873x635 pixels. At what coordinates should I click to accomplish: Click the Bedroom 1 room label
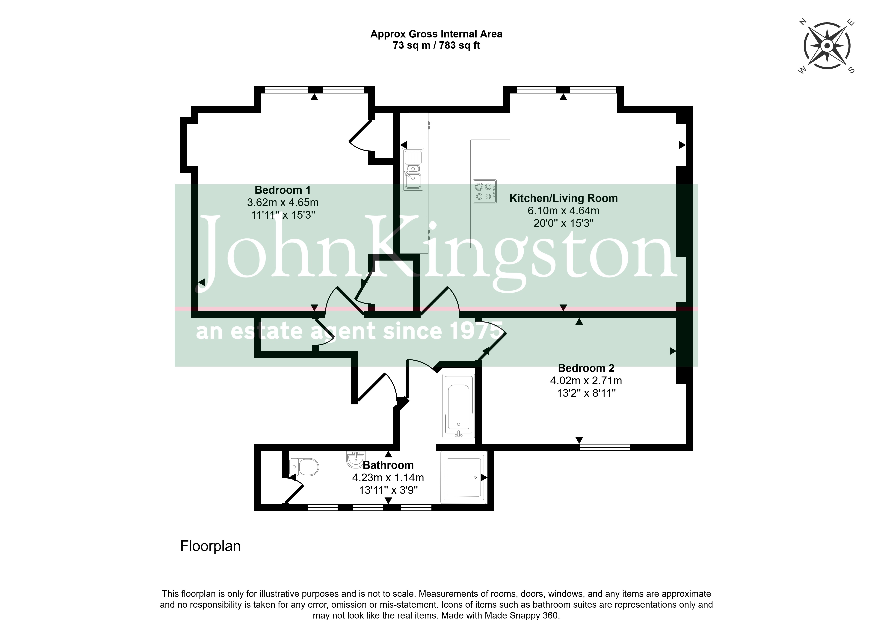(x=283, y=190)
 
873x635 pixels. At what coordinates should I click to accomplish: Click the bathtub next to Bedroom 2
(x=458, y=406)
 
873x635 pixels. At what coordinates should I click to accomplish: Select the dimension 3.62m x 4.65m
(x=283, y=202)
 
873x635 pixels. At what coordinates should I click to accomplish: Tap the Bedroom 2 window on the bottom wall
(x=605, y=447)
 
